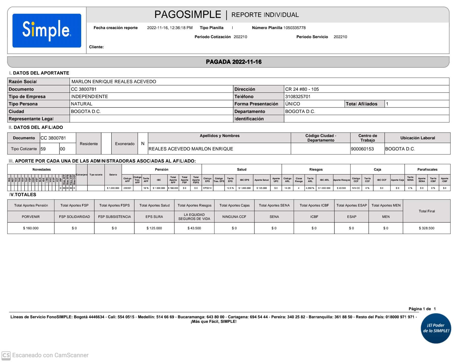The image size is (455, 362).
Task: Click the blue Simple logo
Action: click(47, 31)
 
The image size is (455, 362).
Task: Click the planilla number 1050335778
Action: click(294, 28)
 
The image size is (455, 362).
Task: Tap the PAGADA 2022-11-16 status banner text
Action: click(233, 62)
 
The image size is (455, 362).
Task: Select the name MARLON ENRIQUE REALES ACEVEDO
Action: click(114, 82)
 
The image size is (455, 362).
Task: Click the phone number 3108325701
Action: click(298, 97)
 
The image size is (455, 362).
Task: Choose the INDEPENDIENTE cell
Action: click(89, 97)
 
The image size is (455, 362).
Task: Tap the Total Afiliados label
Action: click(361, 104)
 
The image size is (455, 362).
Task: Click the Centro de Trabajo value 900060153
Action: click(362, 149)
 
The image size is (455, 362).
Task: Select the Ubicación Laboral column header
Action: click(417, 138)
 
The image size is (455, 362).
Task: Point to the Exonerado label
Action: click(125, 144)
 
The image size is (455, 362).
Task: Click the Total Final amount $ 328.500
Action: click(426, 228)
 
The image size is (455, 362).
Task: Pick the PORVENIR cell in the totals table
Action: click(31, 217)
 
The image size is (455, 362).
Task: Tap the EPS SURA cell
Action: click(154, 217)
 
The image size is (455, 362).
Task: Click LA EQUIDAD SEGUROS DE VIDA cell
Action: click(194, 217)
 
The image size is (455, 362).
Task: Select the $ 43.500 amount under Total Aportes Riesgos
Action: click(194, 228)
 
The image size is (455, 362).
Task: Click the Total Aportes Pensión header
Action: click(31, 206)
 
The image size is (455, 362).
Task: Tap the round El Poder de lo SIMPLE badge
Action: click(436, 328)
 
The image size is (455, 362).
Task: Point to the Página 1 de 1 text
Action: click(422, 309)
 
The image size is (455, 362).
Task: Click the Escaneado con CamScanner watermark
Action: click(46, 355)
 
